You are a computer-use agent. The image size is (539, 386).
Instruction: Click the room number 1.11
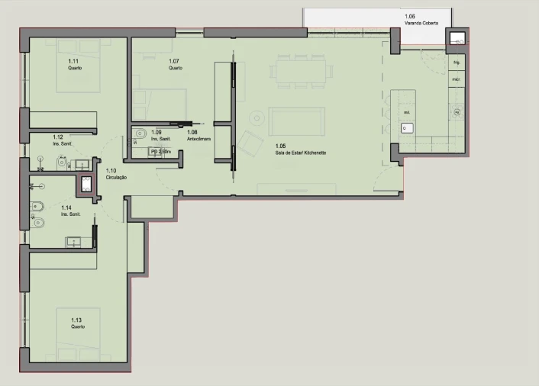pos(73,61)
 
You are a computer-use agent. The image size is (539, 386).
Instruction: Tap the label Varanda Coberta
pos(421,23)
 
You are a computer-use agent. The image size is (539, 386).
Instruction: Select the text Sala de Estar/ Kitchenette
pos(301,153)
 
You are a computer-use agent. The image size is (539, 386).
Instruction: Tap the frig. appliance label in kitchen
pos(457,62)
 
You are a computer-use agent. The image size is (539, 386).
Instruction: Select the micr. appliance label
pos(456,79)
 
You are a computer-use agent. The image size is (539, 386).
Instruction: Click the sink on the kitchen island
pos(404,127)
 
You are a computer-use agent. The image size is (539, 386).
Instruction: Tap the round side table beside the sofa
pos(256,117)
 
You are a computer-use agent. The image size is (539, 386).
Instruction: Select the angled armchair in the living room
pos(249,142)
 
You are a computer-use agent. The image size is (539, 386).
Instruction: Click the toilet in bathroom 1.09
pos(138,134)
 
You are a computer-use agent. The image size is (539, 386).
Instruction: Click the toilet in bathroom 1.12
pos(42,161)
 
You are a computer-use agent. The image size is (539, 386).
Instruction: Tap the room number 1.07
pos(174,61)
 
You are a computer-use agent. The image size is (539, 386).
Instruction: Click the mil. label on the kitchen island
pos(406,112)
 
